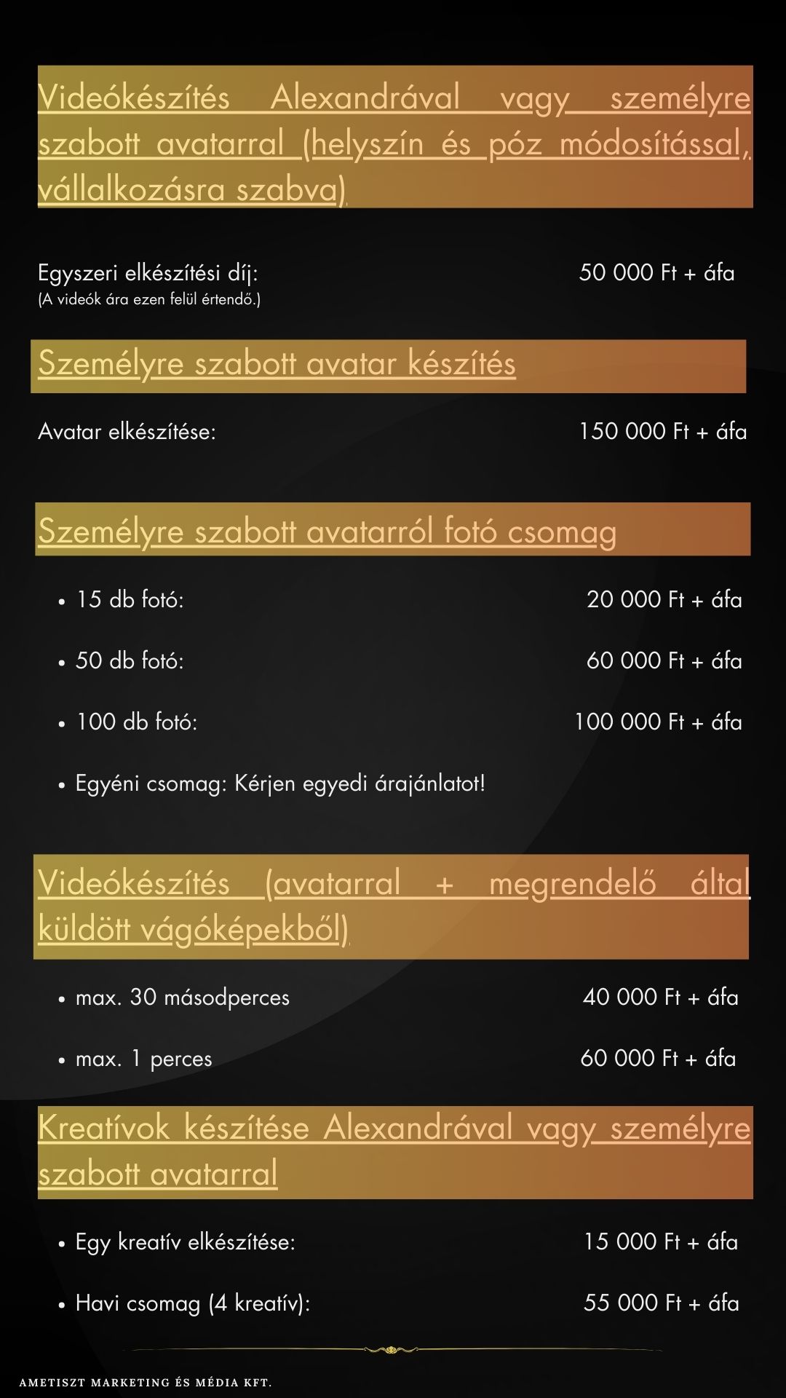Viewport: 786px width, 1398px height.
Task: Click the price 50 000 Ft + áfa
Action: (656, 273)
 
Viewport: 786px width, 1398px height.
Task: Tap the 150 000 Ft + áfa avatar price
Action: (662, 432)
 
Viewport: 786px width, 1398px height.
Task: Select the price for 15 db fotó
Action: (664, 600)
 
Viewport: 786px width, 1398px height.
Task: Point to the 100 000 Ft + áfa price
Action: (658, 722)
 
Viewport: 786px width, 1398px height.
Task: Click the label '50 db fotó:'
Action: (130, 661)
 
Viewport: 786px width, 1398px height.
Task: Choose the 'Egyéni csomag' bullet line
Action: (280, 784)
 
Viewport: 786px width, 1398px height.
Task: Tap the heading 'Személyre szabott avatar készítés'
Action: (277, 364)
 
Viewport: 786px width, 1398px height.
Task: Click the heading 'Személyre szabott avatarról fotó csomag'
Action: (327, 532)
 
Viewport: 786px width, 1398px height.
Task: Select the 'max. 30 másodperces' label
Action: (182, 998)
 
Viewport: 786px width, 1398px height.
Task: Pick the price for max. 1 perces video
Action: (658, 1059)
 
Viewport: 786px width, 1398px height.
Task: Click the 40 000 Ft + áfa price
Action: (660, 998)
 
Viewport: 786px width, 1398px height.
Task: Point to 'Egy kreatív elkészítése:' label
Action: (185, 1242)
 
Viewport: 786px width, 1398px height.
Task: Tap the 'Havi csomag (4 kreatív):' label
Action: (192, 1303)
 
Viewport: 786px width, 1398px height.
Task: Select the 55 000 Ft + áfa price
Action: (661, 1303)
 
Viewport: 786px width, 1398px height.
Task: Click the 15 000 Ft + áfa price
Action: (660, 1242)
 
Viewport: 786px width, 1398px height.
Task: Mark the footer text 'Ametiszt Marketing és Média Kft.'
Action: (146, 1382)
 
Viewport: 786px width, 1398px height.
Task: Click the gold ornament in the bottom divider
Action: (392, 1349)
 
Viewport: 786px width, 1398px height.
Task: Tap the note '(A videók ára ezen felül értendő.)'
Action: (149, 299)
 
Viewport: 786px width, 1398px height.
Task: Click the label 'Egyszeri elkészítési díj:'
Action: (148, 274)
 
